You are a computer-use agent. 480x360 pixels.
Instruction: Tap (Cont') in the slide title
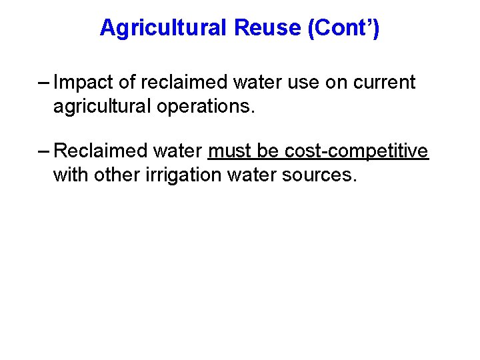[x=343, y=28]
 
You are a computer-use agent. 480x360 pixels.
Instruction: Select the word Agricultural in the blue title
[x=163, y=28]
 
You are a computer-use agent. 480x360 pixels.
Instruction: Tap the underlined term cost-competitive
[x=357, y=151]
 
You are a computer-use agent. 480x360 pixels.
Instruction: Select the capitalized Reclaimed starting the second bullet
[x=101, y=151]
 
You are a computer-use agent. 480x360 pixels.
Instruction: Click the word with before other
[x=68, y=175]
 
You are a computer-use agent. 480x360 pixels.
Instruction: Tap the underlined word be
[x=269, y=151]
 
